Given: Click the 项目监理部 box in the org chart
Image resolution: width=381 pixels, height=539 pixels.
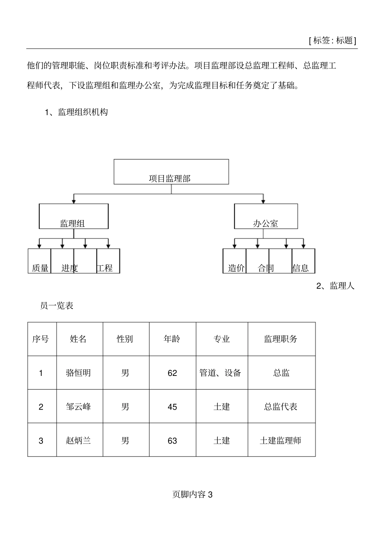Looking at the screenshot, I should (x=171, y=172).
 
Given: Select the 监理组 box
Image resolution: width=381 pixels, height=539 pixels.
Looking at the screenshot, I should (x=73, y=216).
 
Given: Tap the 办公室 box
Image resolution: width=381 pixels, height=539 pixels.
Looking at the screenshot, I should (x=265, y=216).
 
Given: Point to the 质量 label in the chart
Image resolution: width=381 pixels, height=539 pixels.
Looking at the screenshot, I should (x=40, y=268).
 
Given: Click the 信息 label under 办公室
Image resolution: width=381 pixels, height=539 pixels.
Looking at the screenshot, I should (x=301, y=268).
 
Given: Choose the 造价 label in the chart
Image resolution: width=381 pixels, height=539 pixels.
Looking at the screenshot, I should (x=236, y=268).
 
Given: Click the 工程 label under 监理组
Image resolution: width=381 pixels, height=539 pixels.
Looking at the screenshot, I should (x=105, y=268).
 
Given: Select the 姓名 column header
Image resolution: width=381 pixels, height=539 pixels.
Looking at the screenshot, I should (x=78, y=339).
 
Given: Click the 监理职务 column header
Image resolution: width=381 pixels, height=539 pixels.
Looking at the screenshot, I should (x=281, y=339).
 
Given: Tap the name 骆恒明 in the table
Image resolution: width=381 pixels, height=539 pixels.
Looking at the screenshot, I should (x=78, y=373).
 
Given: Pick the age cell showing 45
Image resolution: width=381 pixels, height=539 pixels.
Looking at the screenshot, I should (x=172, y=407).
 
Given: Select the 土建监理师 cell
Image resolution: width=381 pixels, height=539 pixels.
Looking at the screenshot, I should (x=281, y=441).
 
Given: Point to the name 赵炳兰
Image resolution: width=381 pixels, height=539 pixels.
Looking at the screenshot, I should (x=78, y=441).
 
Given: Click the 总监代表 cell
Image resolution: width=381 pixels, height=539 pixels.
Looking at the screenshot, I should (x=281, y=407).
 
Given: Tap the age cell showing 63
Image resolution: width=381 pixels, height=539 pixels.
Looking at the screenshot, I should (x=172, y=441).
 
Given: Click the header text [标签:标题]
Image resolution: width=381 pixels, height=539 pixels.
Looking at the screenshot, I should (x=332, y=40).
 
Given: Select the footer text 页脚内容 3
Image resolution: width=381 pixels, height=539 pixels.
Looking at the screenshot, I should (x=193, y=495).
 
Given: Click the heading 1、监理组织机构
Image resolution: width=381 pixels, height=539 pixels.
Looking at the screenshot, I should (x=76, y=112).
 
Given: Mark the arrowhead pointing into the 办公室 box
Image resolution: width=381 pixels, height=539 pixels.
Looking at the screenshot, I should (x=263, y=200).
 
